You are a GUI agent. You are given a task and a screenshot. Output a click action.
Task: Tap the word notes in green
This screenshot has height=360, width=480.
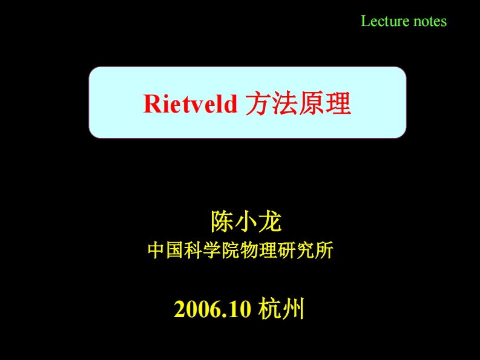pos(429,21)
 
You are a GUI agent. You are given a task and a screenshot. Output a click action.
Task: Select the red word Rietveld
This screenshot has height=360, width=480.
pos(191,105)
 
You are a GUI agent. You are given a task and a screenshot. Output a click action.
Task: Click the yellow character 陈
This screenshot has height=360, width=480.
pos(221,222)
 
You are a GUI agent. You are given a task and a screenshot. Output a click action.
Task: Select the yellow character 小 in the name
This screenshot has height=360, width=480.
pos(246,222)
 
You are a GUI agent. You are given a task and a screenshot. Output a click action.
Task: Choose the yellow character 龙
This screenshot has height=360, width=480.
pos(270,222)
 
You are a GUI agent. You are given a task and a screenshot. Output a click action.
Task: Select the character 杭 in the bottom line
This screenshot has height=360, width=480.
pos(268,309)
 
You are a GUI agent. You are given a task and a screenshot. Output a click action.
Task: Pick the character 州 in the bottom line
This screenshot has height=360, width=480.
pos(292,309)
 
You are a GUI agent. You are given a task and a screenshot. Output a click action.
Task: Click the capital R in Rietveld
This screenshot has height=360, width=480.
pos(151,105)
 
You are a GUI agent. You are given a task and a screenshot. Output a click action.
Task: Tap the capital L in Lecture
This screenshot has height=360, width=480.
pos(365,21)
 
